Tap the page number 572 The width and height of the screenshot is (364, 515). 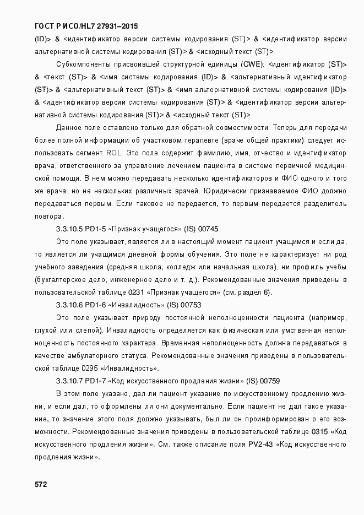41,484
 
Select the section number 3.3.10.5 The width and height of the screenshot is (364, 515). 70,228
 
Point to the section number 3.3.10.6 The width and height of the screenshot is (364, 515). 70,305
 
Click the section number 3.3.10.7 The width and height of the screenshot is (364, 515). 70,381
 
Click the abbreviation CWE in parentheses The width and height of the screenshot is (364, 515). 252,64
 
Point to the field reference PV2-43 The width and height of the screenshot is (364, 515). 261,444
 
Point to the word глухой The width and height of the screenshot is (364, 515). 47,330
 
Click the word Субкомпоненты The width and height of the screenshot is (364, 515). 83,64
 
